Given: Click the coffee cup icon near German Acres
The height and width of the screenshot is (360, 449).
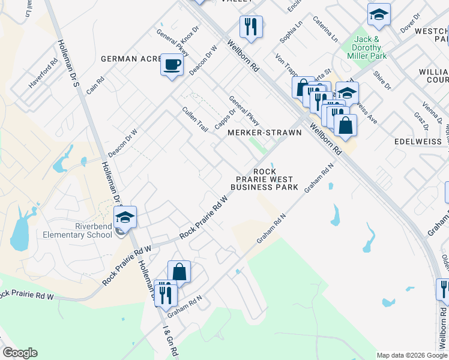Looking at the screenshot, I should tap(172, 64).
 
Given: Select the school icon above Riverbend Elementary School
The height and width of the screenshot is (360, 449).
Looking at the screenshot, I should tap(125, 217).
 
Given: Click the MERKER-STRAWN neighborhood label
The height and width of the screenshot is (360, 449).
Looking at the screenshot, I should tap(264, 133).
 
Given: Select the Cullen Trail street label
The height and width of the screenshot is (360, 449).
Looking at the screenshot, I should tap(194, 119).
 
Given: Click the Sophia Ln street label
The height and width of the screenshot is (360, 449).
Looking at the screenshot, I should tap(291, 32).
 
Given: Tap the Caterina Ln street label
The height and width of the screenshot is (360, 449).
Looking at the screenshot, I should tap(325, 29).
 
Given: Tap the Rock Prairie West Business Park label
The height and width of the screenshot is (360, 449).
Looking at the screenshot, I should tap(264, 179).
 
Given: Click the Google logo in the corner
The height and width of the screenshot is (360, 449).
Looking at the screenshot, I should tap(20, 353).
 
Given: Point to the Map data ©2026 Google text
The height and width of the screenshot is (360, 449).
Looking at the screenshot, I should tap(412, 355).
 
